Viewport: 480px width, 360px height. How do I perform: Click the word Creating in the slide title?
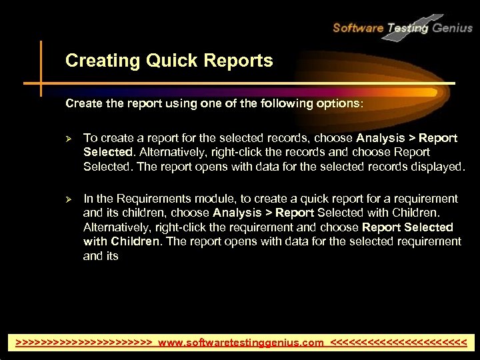97,61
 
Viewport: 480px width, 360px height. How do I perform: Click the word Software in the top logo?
357,28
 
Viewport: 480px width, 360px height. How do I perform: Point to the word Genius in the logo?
451,28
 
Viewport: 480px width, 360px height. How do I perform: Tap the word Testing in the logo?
408,28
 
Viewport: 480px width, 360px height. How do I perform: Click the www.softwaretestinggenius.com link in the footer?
241,343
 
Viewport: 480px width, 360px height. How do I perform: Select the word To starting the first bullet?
90,138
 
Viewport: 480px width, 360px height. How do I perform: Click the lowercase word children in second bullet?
145,213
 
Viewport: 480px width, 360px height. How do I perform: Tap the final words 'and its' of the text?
101,255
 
